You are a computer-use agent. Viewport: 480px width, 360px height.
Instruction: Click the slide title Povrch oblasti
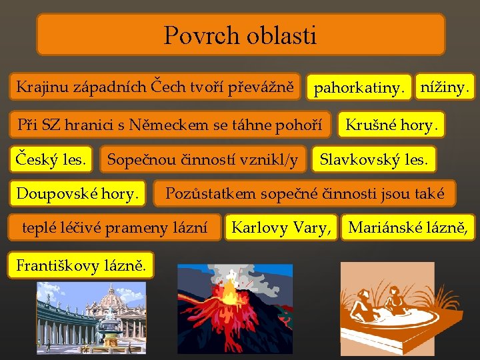coord(240,35)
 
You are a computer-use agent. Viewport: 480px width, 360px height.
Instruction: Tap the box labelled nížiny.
coord(444,86)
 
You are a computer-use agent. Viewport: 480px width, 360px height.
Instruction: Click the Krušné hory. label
coord(392,125)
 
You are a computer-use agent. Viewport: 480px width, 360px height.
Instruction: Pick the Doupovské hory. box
coord(78,194)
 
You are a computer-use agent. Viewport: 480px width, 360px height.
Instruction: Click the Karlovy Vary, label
coord(280,228)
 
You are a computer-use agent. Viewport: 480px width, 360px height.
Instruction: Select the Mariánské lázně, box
coord(409,228)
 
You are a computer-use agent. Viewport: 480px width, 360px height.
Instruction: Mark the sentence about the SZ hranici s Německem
coord(169,125)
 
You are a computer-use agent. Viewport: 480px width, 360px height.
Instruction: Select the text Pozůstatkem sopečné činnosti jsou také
coord(305,194)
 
